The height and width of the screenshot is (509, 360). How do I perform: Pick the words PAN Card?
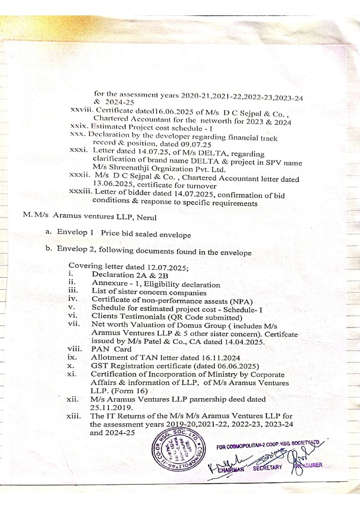click(x=109, y=348)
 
